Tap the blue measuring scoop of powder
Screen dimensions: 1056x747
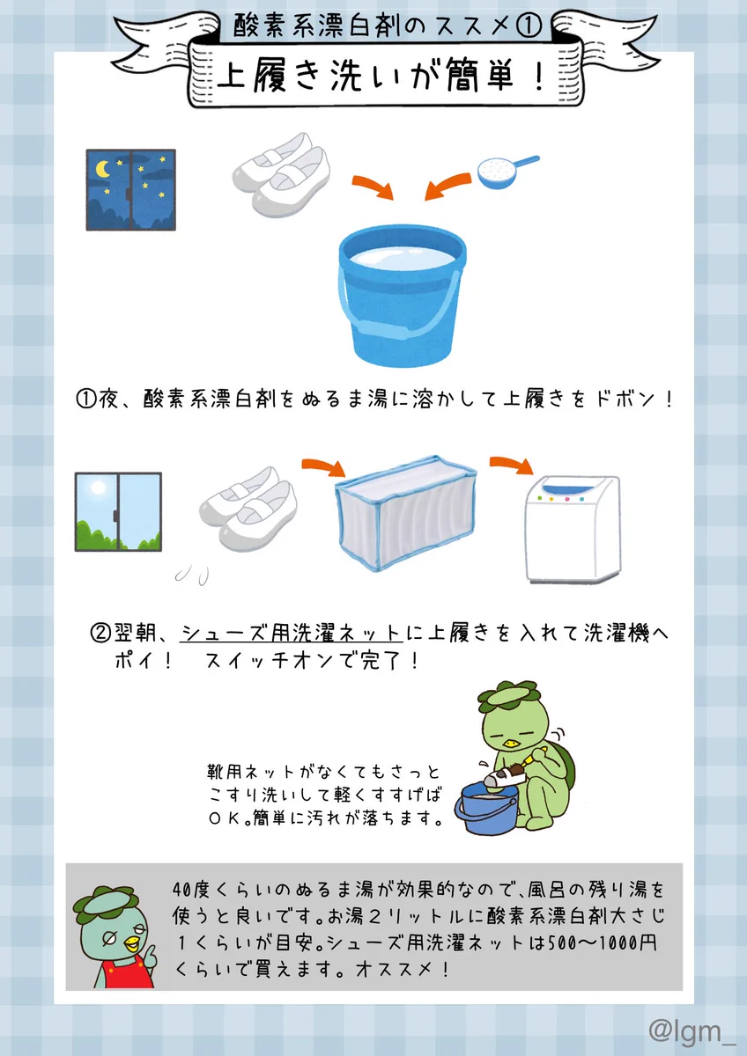[507, 172]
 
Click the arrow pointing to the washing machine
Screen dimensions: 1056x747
[512, 464]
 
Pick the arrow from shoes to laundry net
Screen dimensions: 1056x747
[324, 467]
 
